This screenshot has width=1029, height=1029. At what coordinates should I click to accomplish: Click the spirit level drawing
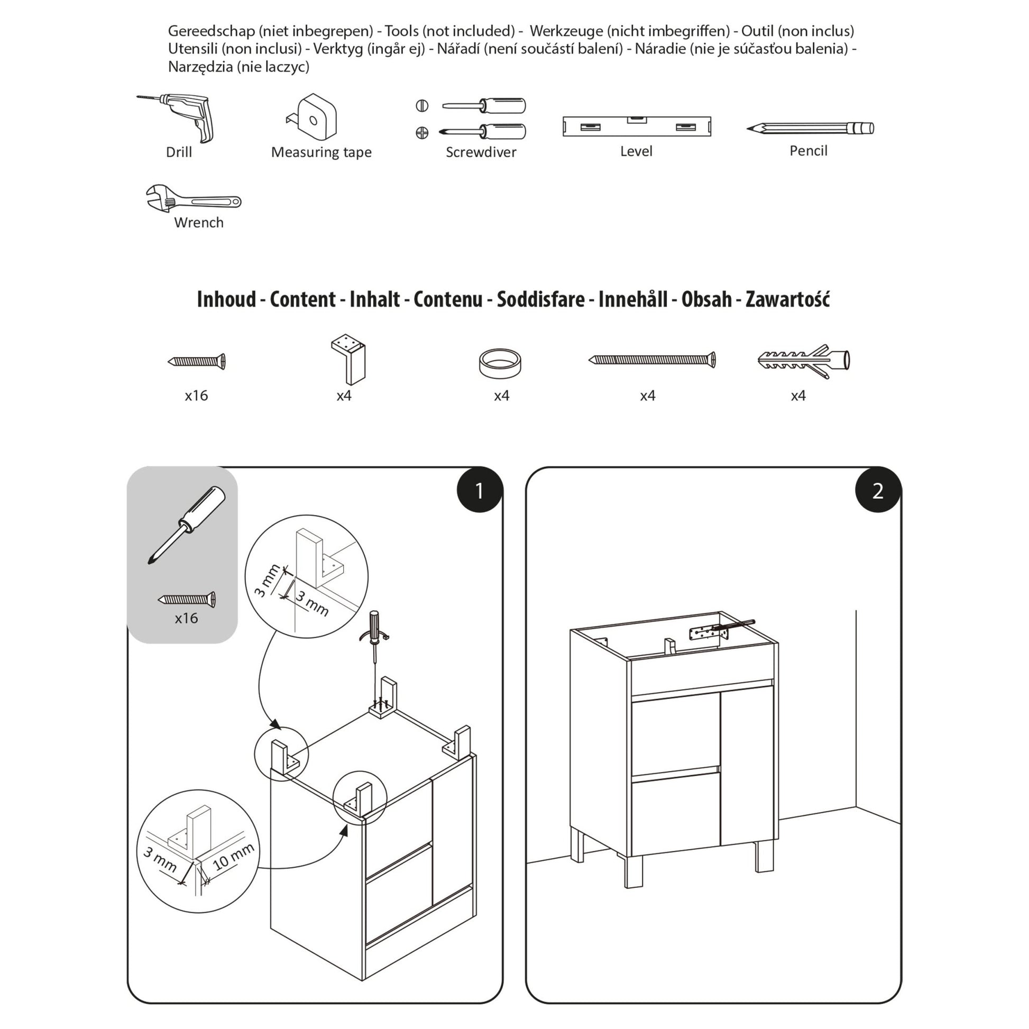[x=637, y=127]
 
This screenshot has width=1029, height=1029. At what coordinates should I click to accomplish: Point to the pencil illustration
[x=810, y=128]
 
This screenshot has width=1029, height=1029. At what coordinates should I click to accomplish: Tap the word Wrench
[x=199, y=223]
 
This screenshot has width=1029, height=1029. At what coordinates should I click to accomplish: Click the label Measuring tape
[x=321, y=152]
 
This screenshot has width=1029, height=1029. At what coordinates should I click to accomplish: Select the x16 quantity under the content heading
[x=196, y=395]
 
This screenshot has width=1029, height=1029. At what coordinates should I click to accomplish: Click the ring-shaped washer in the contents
[x=500, y=363]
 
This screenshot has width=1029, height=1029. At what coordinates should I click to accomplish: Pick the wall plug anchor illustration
[x=803, y=361]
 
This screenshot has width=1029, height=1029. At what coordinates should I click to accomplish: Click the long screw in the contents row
[x=652, y=360]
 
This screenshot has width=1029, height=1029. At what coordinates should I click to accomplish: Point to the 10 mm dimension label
[x=233, y=857]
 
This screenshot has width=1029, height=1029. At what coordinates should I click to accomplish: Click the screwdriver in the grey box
[x=187, y=524]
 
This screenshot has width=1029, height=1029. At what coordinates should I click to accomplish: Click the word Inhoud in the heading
[x=226, y=299]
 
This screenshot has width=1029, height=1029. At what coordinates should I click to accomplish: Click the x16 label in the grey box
[x=187, y=618]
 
